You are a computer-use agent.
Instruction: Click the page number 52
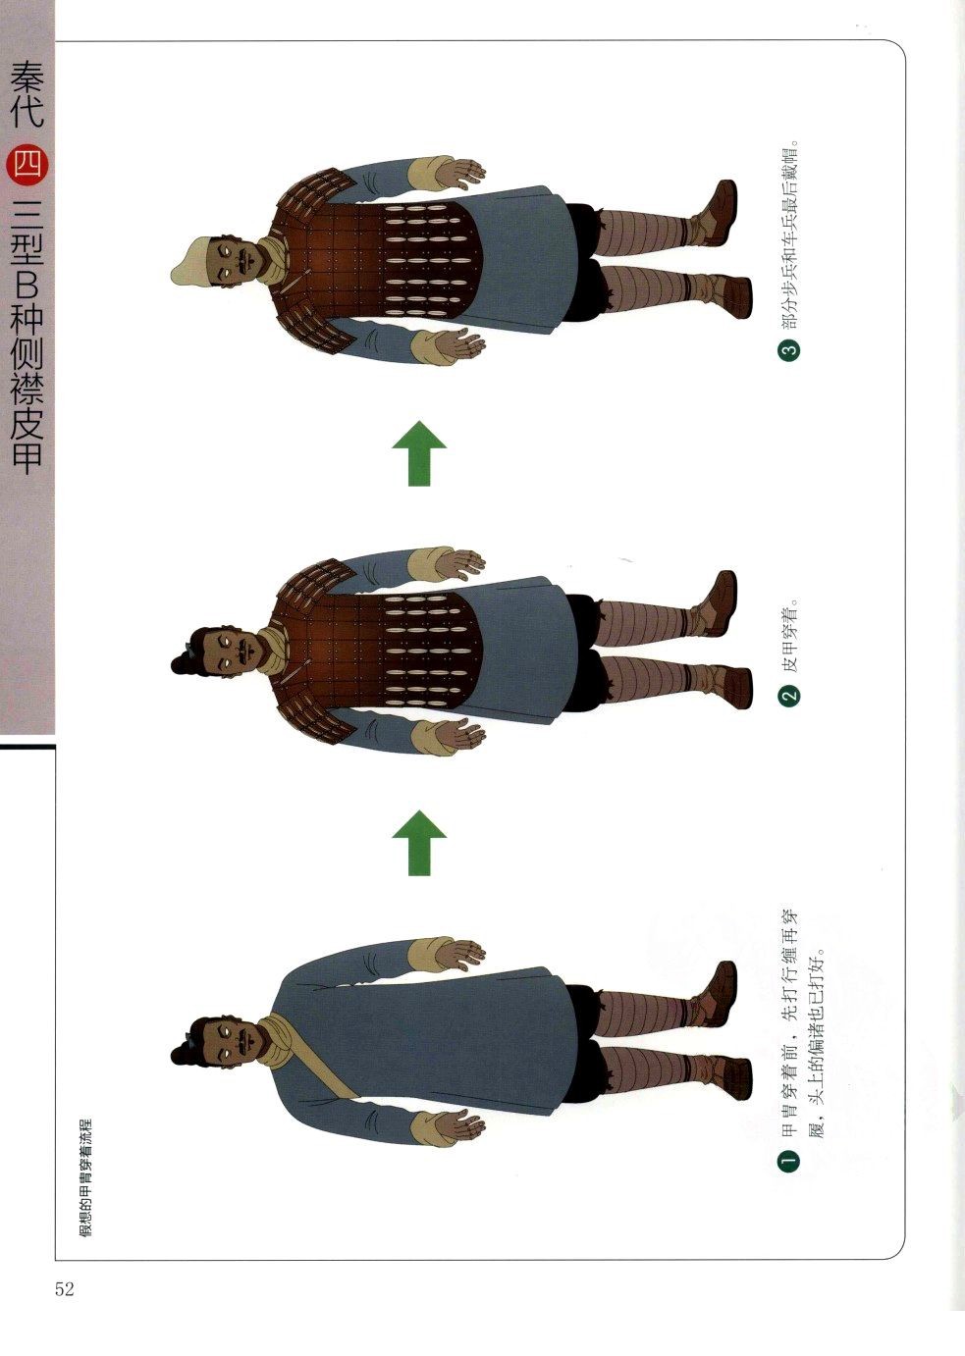(x=65, y=1289)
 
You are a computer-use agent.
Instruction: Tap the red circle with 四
(x=27, y=166)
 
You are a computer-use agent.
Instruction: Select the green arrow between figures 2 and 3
(x=419, y=453)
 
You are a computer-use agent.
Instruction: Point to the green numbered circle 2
(x=788, y=697)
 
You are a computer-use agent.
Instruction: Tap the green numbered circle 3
(x=788, y=349)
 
